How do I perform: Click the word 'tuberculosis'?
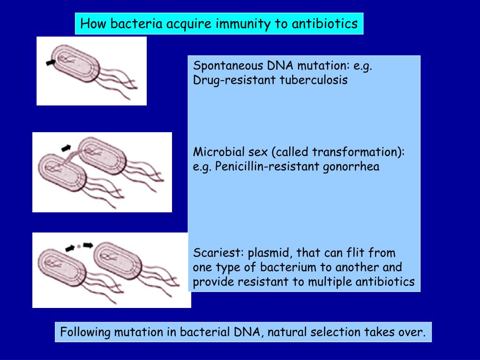[x=314, y=80]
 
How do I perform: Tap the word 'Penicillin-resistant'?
[x=268, y=167]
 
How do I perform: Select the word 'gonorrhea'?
[x=351, y=167]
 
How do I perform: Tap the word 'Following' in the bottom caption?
[x=86, y=332]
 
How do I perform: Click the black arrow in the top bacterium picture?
[x=50, y=62]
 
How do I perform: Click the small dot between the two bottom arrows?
[x=79, y=246]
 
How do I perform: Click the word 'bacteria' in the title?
[x=135, y=23]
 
